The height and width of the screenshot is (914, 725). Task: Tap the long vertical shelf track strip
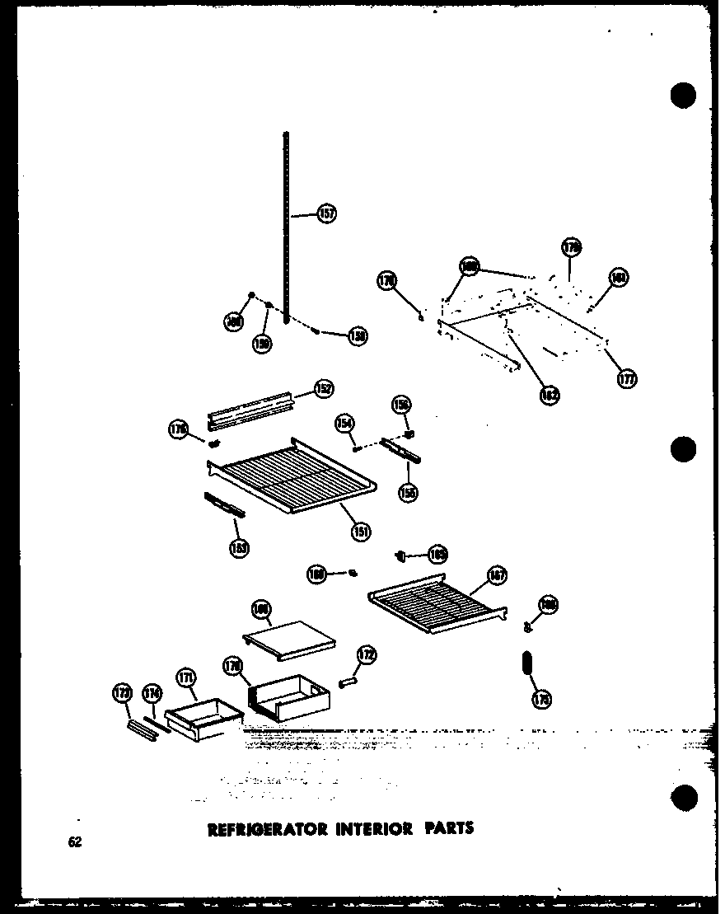[286, 223]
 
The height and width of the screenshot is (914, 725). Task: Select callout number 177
[627, 379]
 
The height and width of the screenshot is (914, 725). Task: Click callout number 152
[324, 388]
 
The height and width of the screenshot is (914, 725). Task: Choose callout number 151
[360, 532]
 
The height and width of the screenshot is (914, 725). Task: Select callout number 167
[497, 574]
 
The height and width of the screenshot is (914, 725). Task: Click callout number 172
[366, 657]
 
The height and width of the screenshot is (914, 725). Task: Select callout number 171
[186, 677]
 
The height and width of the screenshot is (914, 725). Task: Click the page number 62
[76, 842]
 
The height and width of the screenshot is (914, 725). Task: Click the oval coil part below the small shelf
[526, 663]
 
